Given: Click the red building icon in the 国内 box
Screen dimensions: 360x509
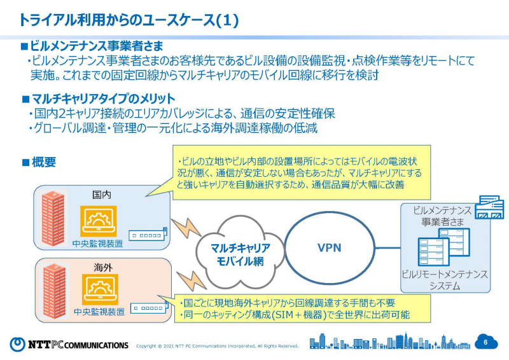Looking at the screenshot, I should click(x=55, y=219).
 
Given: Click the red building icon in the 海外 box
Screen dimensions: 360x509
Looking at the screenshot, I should click(x=55, y=291).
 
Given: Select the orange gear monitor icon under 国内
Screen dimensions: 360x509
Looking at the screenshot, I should click(x=98, y=222).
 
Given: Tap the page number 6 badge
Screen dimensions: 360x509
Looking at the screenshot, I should click(x=485, y=342).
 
